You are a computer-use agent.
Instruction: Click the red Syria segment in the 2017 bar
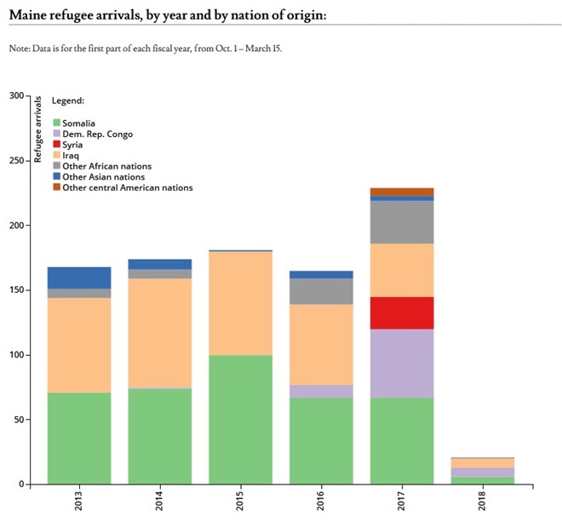pyautogui.click(x=402, y=312)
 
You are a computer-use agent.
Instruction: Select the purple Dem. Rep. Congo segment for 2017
pyautogui.click(x=402, y=364)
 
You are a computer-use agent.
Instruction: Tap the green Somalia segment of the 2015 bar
pyautogui.click(x=240, y=419)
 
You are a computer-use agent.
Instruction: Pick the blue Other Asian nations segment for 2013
pyautogui.click(x=79, y=278)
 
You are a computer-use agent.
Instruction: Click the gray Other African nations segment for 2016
pyautogui.click(x=321, y=291)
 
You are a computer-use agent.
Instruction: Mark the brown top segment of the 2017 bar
pyautogui.click(x=402, y=192)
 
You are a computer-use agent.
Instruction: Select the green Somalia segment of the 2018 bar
pyautogui.click(x=483, y=480)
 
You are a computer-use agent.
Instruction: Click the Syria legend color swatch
pyautogui.click(x=56, y=145)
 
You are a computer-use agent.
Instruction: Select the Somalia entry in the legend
pyautogui.click(x=79, y=123)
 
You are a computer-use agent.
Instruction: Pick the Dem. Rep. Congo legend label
pyautogui.click(x=97, y=135)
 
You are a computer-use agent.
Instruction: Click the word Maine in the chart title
pyautogui.click(x=31, y=15)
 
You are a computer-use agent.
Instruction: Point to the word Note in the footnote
pyautogui.click(x=18, y=49)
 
